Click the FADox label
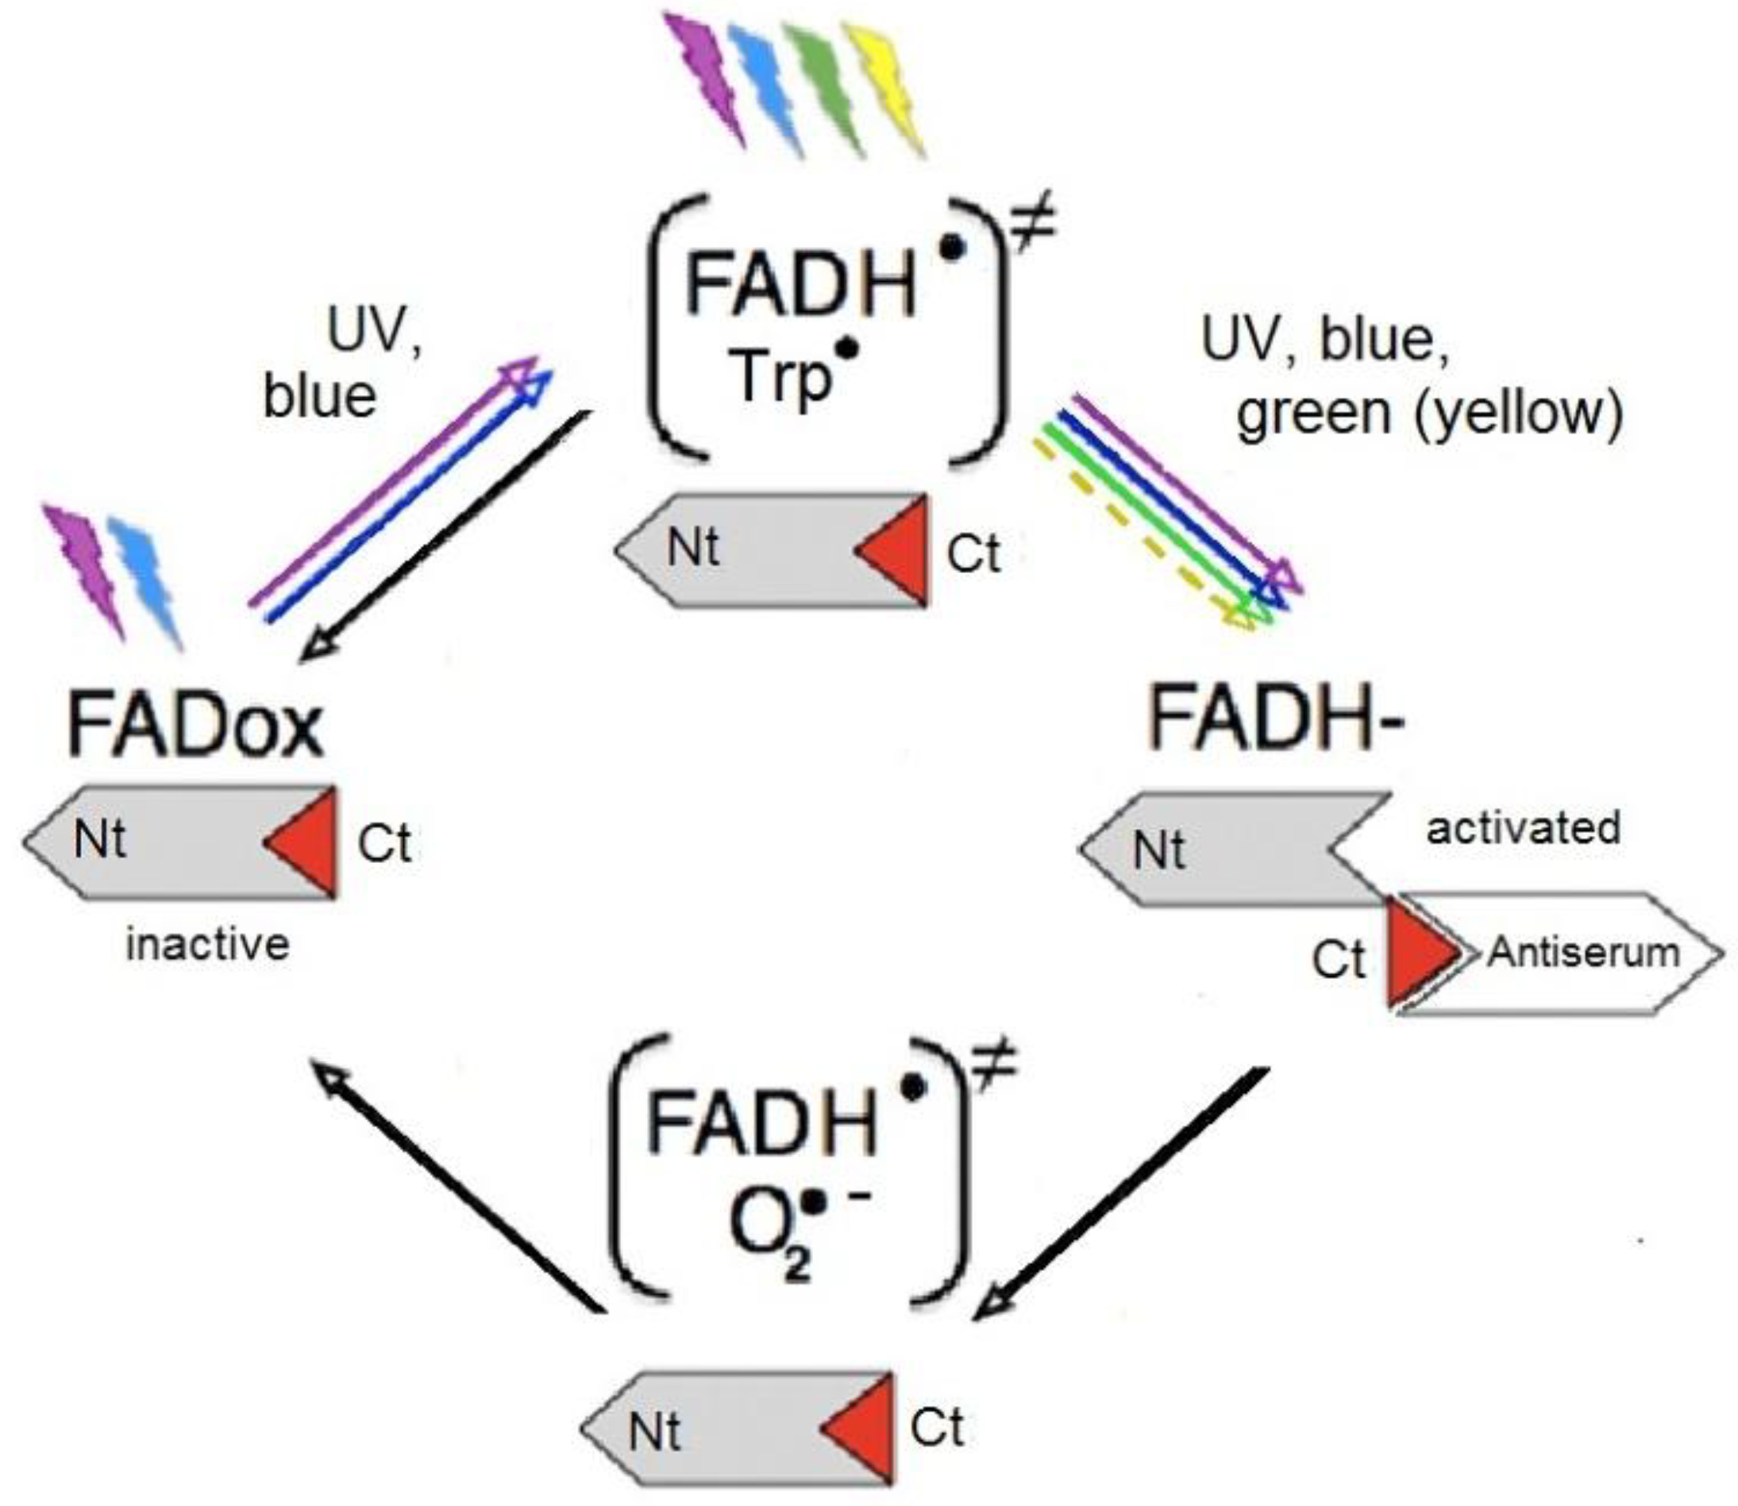coord(195,725)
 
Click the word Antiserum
coord(1583,953)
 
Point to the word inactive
coord(207,946)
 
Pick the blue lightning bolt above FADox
coord(145,580)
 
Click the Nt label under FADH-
coord(1158,850)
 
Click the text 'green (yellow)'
coord(1428,414)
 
